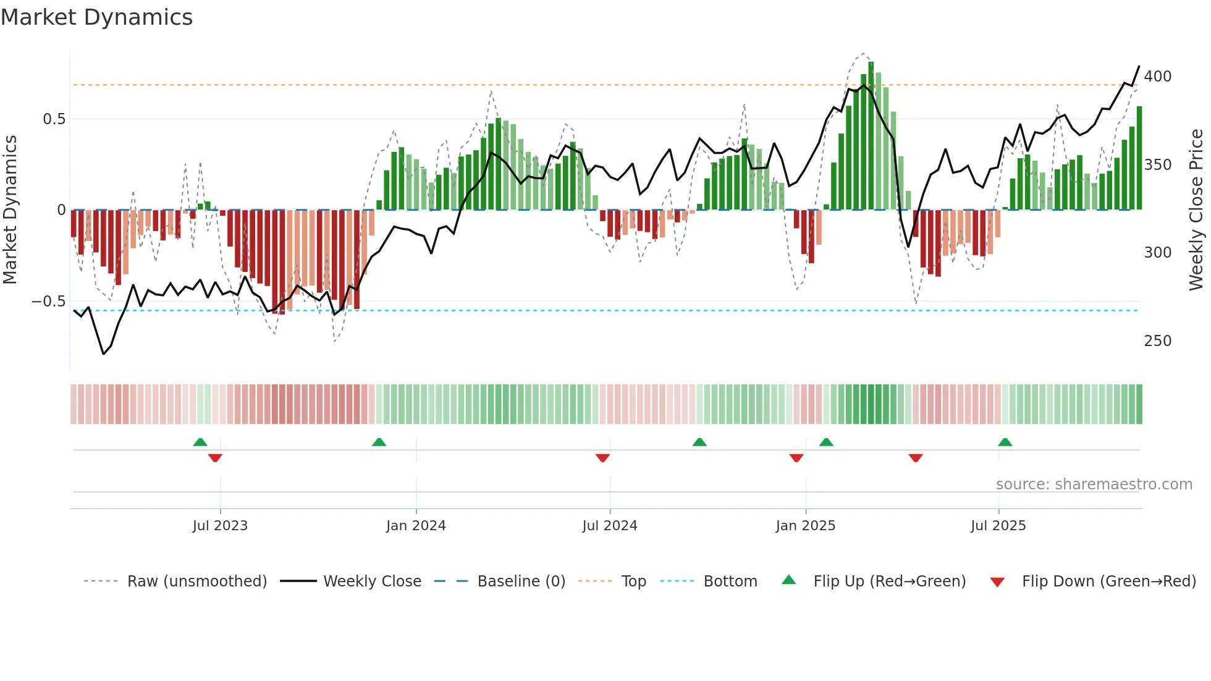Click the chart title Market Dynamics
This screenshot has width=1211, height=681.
tap(96, 17)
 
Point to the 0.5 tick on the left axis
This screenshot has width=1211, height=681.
tap(54, 119)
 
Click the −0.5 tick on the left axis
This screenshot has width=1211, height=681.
tap(49, 302)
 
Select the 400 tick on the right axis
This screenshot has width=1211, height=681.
tap(1157, 77)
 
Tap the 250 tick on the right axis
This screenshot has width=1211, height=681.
tap(1157, 341)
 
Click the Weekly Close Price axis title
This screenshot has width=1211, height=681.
tap(1196, 210)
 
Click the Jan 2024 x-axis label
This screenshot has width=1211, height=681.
tap(416, 526)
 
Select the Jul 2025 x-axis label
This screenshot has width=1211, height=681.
tap(998, 526)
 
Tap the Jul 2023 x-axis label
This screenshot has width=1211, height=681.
tap(220, 526)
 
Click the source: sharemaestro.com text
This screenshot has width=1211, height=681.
tap(1094, 484)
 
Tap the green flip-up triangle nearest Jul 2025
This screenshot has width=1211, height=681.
tap(1005, 442)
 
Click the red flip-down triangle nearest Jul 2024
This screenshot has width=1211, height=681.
tap(602, 458)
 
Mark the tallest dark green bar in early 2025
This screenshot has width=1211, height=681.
tap(871, 136)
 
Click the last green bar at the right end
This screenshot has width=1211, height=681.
tap(1139, 158)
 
